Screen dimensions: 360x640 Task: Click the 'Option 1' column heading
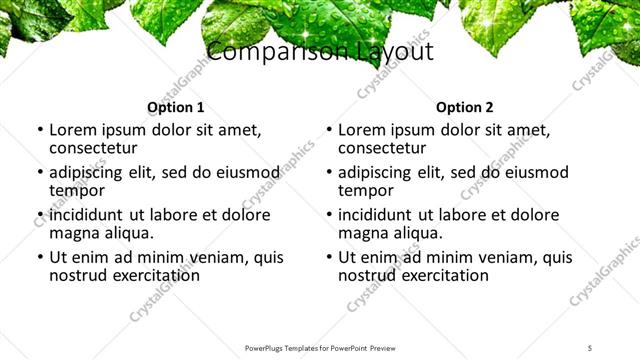tap(175, 107)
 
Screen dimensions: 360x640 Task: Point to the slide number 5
tap(590, 348)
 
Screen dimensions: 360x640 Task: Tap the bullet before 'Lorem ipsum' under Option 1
tap(39, 130)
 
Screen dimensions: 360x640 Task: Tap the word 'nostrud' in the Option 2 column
tap(370, 274)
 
